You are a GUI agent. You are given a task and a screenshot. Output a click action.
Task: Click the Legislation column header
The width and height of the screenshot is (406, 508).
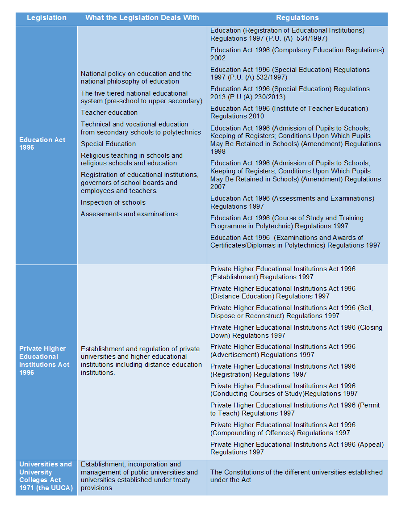click(46, 18)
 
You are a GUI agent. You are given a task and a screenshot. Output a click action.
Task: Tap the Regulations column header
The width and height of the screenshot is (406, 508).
click(297, 18)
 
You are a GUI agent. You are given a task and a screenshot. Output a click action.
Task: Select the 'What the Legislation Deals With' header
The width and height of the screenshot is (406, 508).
click(142, 18)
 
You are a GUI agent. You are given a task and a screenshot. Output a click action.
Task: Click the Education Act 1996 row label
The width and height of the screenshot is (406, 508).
click(42, 143)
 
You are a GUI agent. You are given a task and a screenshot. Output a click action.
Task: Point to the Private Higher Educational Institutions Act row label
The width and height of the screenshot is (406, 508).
click(44, 360)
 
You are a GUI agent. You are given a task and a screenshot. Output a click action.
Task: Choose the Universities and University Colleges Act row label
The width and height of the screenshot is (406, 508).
click(46, 476)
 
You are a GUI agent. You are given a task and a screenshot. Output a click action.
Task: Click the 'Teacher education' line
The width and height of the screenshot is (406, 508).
click(109, 113)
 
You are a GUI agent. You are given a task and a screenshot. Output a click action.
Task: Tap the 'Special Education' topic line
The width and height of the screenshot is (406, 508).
click(108, 144)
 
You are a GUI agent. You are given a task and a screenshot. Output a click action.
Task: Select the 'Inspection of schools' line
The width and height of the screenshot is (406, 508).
click(113, 202)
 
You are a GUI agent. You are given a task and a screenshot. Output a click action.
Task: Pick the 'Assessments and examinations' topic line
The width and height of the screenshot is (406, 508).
click(129, 214)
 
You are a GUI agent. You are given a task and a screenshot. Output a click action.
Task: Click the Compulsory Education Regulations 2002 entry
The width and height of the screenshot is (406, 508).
click(297, 54)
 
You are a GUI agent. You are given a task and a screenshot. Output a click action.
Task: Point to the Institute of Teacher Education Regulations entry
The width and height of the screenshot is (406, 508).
click(289, 112)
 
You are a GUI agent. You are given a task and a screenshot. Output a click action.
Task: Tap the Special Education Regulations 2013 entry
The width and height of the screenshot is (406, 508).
click(290, 93)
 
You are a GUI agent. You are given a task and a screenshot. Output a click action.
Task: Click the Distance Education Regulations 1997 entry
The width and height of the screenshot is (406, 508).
click(283, 292)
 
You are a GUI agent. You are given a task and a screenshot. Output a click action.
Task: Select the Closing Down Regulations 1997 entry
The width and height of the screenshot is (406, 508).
click(296, 331)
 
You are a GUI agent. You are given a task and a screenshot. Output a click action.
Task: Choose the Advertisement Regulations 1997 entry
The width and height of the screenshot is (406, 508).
click(283, 351)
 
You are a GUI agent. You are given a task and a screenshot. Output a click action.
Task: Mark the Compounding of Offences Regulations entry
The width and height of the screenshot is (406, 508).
click(283, 428)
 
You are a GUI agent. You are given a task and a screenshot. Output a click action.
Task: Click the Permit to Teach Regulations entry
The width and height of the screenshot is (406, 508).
click(295, 409)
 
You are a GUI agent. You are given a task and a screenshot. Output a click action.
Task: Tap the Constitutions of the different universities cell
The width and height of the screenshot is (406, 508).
click(296, 476)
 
